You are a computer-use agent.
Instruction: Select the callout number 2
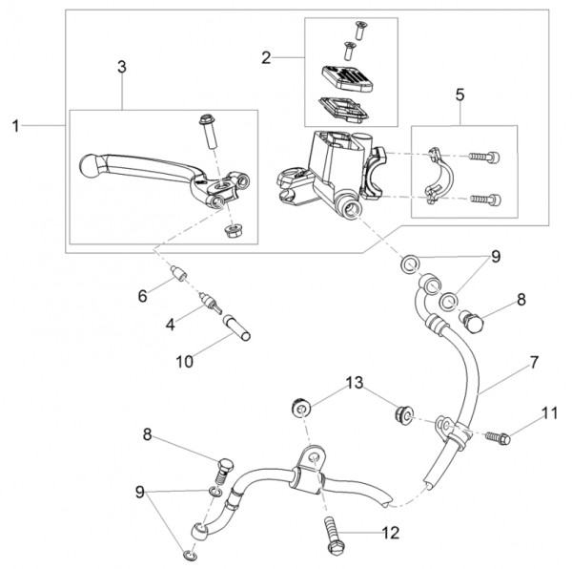tap(265, 58)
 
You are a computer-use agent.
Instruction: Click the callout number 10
tap(183, 362)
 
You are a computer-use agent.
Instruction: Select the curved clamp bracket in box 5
tap(436, 175)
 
